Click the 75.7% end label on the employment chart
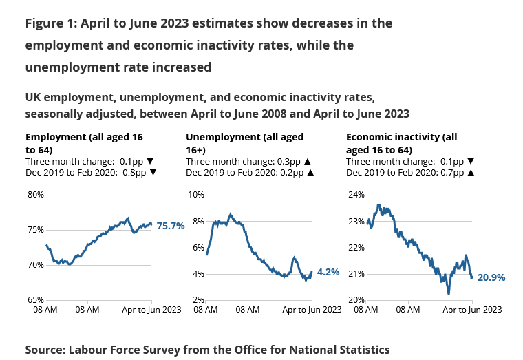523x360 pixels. (x=171, y=225)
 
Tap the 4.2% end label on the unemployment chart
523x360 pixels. (x=329, y=272)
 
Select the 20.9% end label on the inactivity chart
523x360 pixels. (x=491, y=277)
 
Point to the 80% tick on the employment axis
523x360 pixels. (x=35, y=195)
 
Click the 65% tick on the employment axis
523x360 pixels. (x=35, y=300)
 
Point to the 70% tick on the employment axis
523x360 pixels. (x=35, y=265)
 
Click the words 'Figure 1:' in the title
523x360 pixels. (x=50, y=23)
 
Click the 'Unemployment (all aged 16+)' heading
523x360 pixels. (x=244, y=143)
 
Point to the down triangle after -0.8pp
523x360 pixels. (x=153, y=173)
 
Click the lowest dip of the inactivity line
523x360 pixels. (x=449, y=293)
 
